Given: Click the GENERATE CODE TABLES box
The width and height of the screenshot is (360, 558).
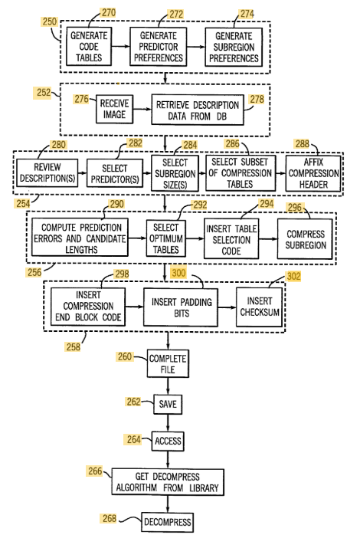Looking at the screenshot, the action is click(x=89, y=46).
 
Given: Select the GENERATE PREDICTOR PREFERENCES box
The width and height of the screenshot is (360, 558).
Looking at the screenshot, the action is click(x=159, y=46).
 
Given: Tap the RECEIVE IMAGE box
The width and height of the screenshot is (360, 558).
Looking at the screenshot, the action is click(x=115, y=109).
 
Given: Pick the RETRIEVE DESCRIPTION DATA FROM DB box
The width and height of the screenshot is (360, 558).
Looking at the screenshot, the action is click(x=198, y=110).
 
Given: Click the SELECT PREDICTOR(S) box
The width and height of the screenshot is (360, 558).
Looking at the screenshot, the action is click(x=115, y=173).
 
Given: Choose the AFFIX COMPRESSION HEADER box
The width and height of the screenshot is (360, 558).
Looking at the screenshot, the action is click(x=313, y=173).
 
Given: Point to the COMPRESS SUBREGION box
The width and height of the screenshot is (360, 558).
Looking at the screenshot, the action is click(x=305, y=239).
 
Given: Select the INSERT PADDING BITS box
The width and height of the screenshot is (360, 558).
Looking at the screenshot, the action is click(x=181, y=307).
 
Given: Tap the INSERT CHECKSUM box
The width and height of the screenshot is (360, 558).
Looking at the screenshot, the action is click(x=260, y=307).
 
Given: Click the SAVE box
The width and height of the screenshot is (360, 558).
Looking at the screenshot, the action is click(x=168, y=404).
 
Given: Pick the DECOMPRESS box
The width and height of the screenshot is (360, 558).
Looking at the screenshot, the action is click(x=168, y=522).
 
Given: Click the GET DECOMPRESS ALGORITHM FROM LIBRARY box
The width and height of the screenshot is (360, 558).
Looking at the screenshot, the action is click(x=168, y=482).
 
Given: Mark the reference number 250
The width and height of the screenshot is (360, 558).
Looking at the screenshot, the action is click(x=50, y=21).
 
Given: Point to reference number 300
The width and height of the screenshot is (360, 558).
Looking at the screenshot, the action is click(x=178, y=273).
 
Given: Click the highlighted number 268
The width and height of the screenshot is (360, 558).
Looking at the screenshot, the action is click(x=110, y=518).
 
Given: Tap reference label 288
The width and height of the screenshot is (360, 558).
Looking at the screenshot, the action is click(x=302, y=144).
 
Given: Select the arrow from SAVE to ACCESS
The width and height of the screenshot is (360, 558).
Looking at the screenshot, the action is click(x=168, y=423).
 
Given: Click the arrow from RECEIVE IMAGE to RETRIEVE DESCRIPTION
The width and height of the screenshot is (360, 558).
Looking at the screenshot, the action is click(x=142, y=110).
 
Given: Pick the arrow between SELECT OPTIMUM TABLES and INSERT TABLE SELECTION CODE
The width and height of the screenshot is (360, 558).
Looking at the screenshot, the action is click(x=195, y=238).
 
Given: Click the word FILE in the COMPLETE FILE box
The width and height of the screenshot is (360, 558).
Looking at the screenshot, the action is click(x=168, y=369).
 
